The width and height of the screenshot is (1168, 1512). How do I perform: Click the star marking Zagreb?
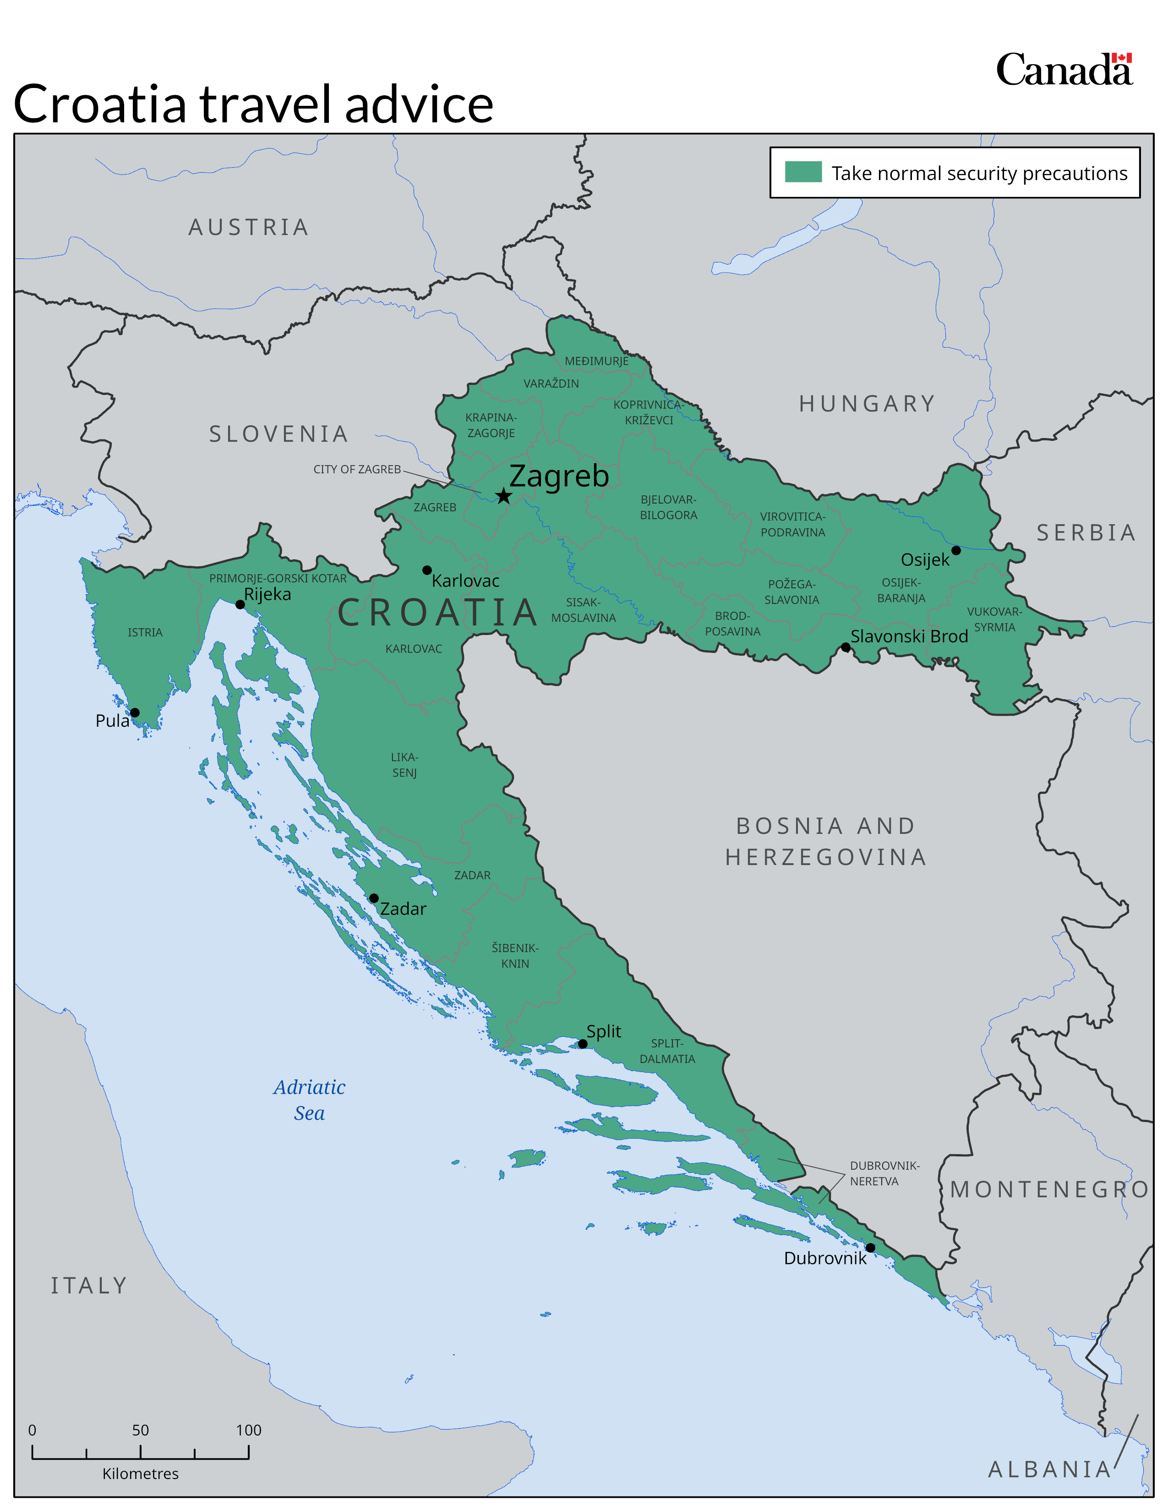tap(503, 496)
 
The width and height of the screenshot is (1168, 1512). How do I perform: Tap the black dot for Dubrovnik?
tap(870, 1248)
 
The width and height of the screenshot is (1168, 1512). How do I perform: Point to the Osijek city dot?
tap(955, 550)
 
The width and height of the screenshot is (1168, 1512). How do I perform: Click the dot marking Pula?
tap(135, 712)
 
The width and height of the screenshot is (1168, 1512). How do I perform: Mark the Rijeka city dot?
tap(240, 604)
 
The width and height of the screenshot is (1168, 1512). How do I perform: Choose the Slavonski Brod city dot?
tap(845, 647)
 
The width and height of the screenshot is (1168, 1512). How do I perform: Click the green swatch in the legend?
tap(802, 172)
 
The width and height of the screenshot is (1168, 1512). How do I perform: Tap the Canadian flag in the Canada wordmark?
tap(1122, 58)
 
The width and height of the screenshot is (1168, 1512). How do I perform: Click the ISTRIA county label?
tap(145, 633)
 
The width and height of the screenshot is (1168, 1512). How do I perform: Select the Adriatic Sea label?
tap(309, 1099)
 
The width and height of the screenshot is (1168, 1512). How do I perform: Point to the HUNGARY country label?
tap(867, 404)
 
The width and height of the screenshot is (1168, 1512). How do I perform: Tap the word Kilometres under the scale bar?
tap(141, 1473)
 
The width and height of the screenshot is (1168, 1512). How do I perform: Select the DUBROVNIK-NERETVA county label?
tap(884, 1173)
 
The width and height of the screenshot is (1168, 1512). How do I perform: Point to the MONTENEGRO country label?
tap(1049, 1189)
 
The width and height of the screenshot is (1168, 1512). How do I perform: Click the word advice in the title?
tap(419, 104)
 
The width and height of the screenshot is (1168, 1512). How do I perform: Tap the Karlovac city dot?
tap(427, 570)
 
